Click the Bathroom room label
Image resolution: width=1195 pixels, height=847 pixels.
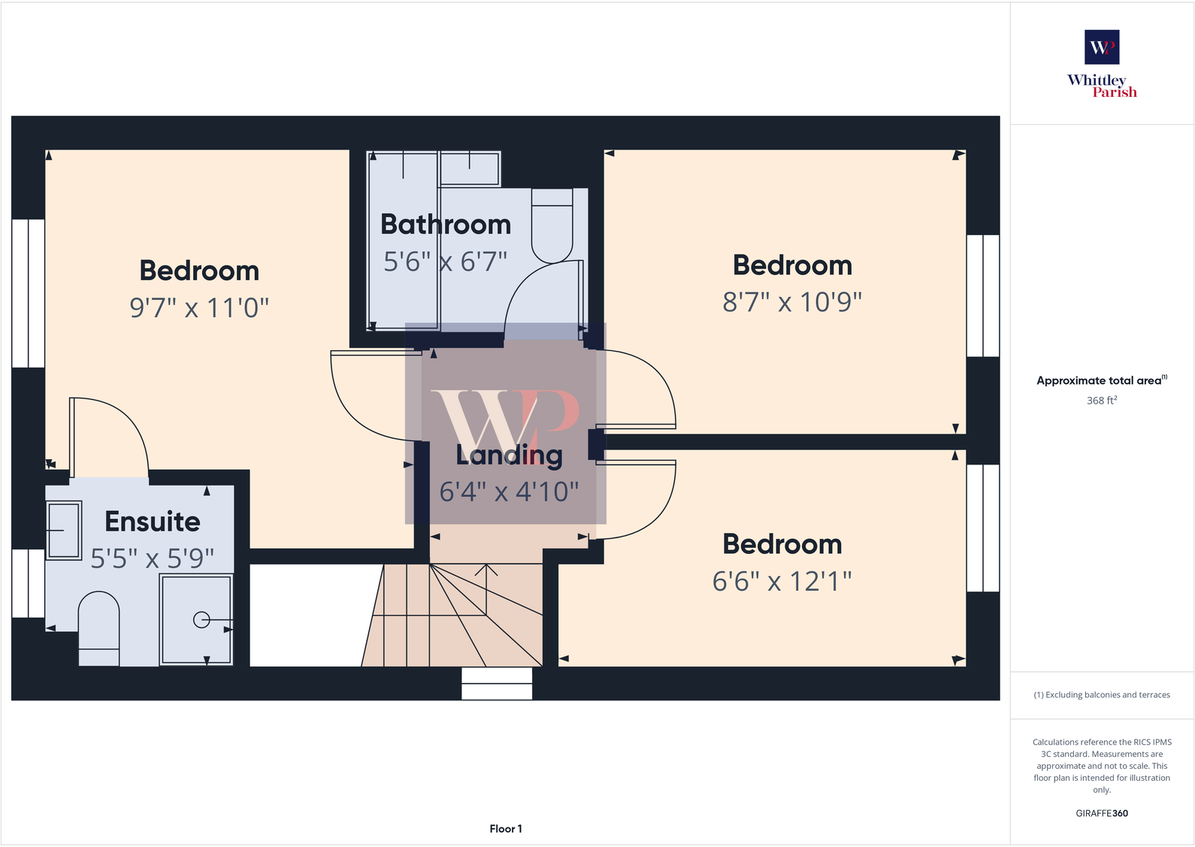(x=446, y=225)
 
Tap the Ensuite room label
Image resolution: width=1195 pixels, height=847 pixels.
(x=153, y=522)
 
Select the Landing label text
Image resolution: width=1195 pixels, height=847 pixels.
(x=510, y=455)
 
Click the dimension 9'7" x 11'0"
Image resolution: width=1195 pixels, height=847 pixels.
(x=199, y=307)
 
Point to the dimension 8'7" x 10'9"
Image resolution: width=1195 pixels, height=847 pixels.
(x=792, y=302)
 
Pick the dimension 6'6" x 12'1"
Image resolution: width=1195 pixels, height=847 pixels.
(x=782, y=581)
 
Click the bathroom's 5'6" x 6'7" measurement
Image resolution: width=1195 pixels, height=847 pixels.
(x=446, y=262)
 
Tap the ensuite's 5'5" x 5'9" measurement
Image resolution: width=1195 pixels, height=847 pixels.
(x=153, y=558)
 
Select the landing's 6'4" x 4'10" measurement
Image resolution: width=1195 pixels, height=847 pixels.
(x=510, y=492)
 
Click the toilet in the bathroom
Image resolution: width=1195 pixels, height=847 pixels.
(x=552, y=225)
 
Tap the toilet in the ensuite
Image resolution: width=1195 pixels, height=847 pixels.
(x=99, y=628)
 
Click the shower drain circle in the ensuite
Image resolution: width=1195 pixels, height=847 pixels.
(x=201, y=620)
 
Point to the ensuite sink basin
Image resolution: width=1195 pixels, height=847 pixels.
(x=64, y=531)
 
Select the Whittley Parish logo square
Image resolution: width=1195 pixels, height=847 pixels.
(x=1102, y=47)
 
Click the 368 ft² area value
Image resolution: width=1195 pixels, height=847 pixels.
(x=1102, y=401)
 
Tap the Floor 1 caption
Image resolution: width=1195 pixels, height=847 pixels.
(x=506, y=829)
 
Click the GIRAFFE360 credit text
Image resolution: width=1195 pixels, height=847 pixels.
(x=1102, y=813)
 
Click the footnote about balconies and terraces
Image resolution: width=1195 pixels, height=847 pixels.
(x=1102, y=695)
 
